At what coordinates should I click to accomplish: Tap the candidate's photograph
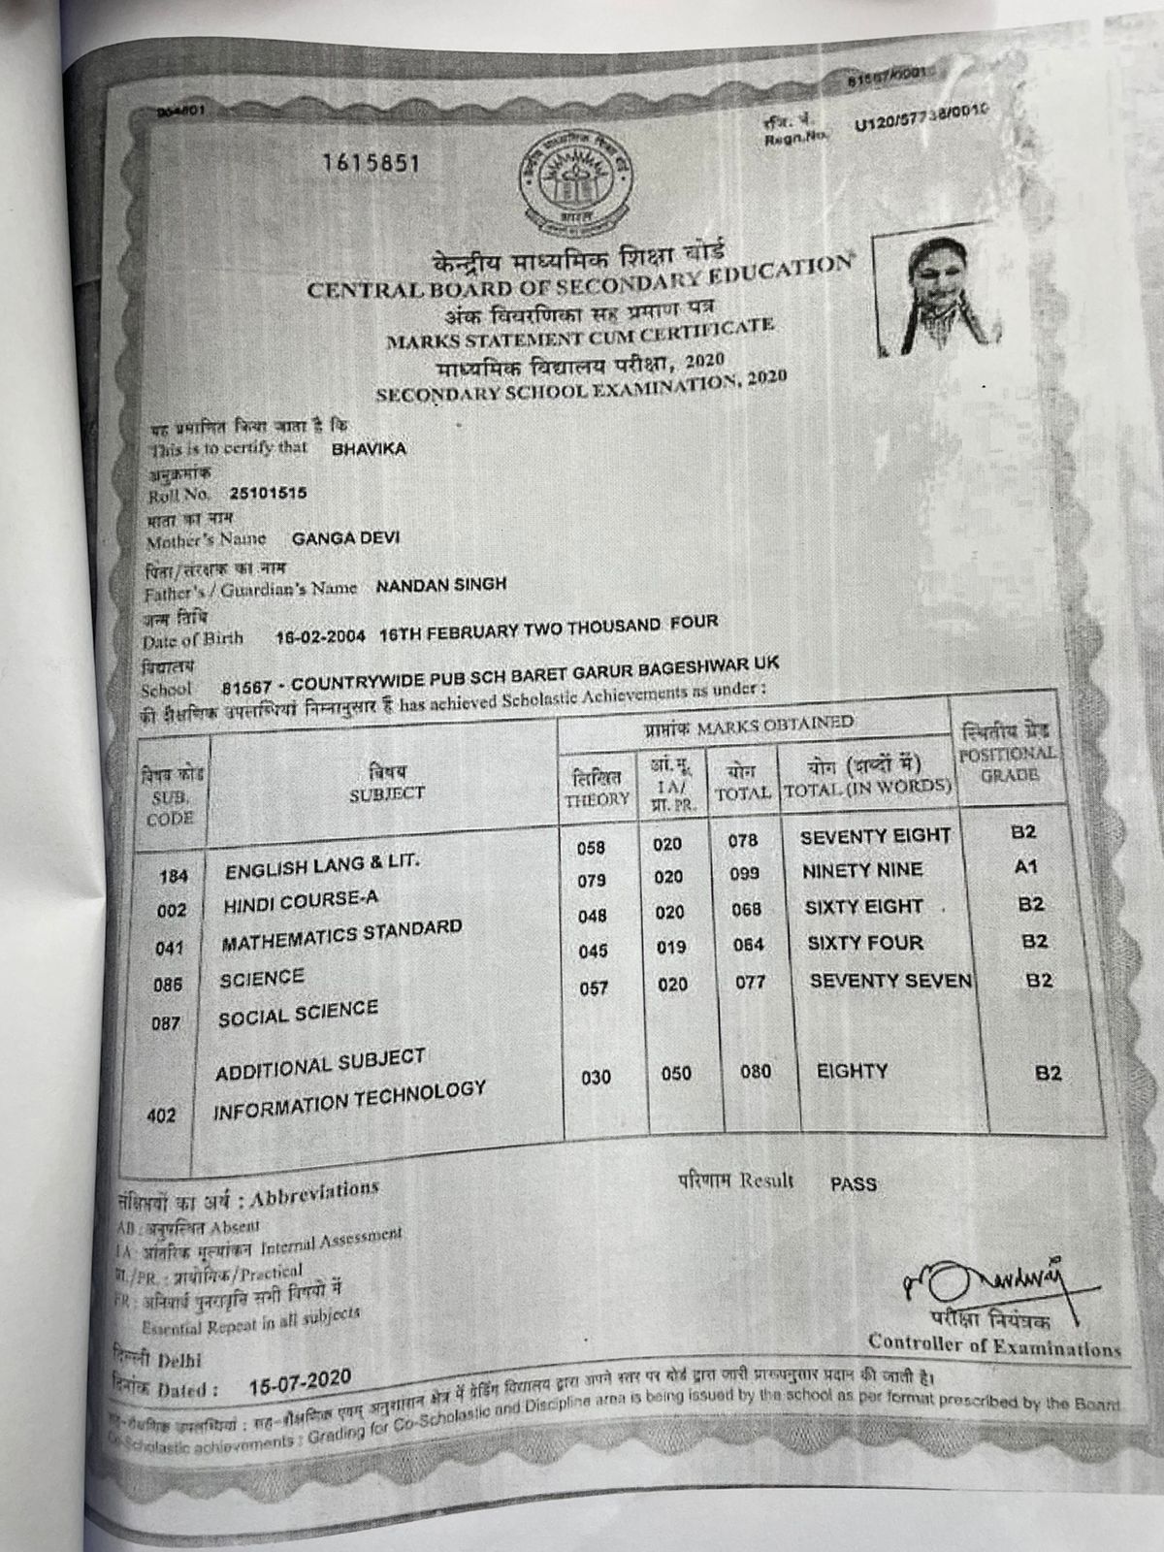pos(936,291)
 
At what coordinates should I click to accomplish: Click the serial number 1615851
pos(372,163)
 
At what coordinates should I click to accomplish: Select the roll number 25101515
pos(268,493)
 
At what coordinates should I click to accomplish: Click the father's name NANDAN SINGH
pos(440,585)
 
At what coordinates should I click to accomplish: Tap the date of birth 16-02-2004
pos(320,637)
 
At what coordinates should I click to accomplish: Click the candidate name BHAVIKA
pos(369,449)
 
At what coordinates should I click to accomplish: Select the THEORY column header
pos(598,790)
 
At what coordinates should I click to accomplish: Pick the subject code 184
pos(174,876)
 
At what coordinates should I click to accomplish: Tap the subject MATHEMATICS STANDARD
pos(341,935)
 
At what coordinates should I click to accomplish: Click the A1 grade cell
pos(1025,868)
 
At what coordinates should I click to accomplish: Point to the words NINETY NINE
pos(861,871)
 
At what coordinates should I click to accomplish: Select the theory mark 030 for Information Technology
pos(596,1078)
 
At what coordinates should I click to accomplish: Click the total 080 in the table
pos(755,1072)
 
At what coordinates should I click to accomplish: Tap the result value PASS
pos(854,1184)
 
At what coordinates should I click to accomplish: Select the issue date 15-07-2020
pos(301,1383)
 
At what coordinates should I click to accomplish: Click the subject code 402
pos(161,1115)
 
